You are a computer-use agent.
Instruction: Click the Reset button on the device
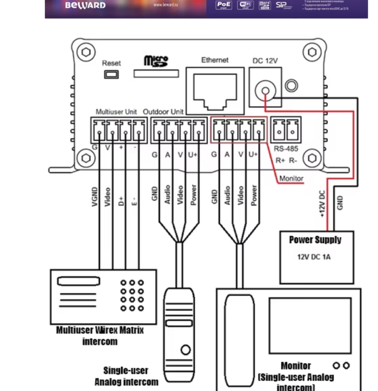[111, 74]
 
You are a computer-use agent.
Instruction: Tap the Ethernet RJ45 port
[215, 88]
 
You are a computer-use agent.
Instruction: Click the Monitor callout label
[291, 178]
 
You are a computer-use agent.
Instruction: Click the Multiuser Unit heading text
[117, 112]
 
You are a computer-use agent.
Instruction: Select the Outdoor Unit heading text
[163, 112]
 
